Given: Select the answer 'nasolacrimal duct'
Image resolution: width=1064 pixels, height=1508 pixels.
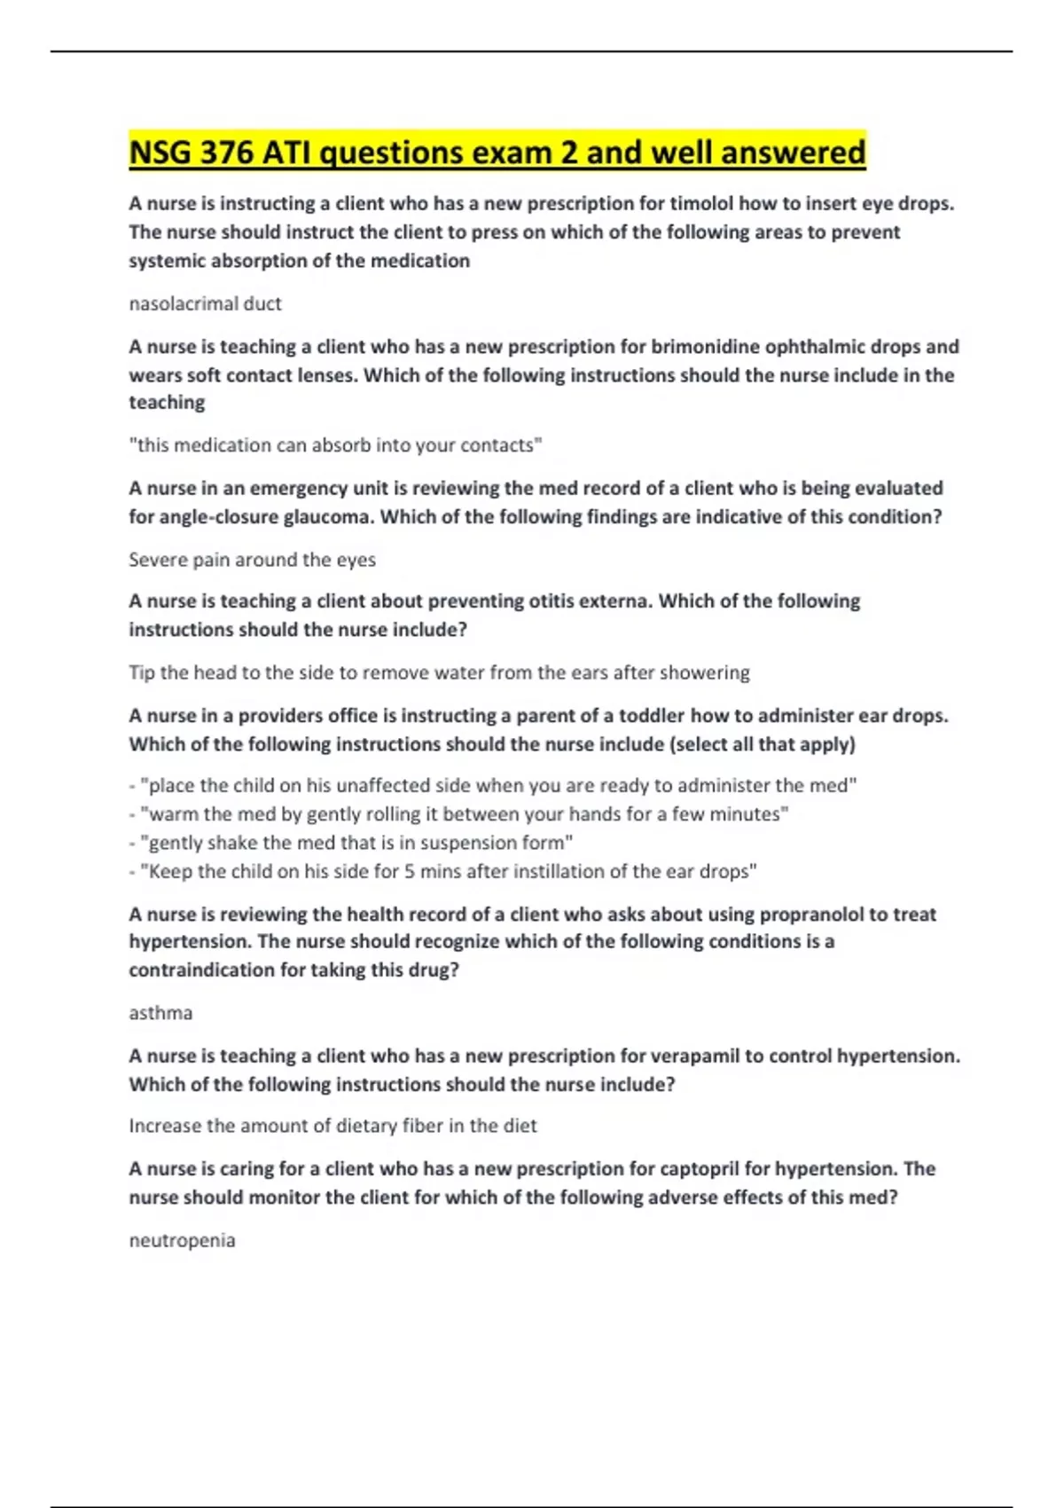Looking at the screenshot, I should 205,303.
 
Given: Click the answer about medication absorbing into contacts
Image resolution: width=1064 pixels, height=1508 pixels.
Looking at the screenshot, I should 335,445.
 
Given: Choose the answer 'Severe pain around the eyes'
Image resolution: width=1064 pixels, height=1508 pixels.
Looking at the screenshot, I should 252,560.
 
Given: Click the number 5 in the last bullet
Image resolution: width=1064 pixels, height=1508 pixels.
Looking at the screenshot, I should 410,871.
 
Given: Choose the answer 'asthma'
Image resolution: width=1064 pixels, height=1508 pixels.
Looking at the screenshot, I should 160,1013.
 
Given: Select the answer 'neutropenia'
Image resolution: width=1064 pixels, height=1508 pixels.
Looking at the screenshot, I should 182,1240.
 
